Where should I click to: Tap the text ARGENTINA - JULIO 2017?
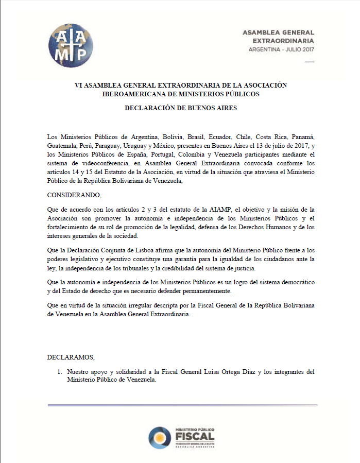(281, 49)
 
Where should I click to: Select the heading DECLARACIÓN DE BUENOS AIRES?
(180, 108)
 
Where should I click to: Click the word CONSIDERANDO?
(74, 195)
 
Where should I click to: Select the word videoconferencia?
(101, 162)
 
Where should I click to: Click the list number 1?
(60, 371)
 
